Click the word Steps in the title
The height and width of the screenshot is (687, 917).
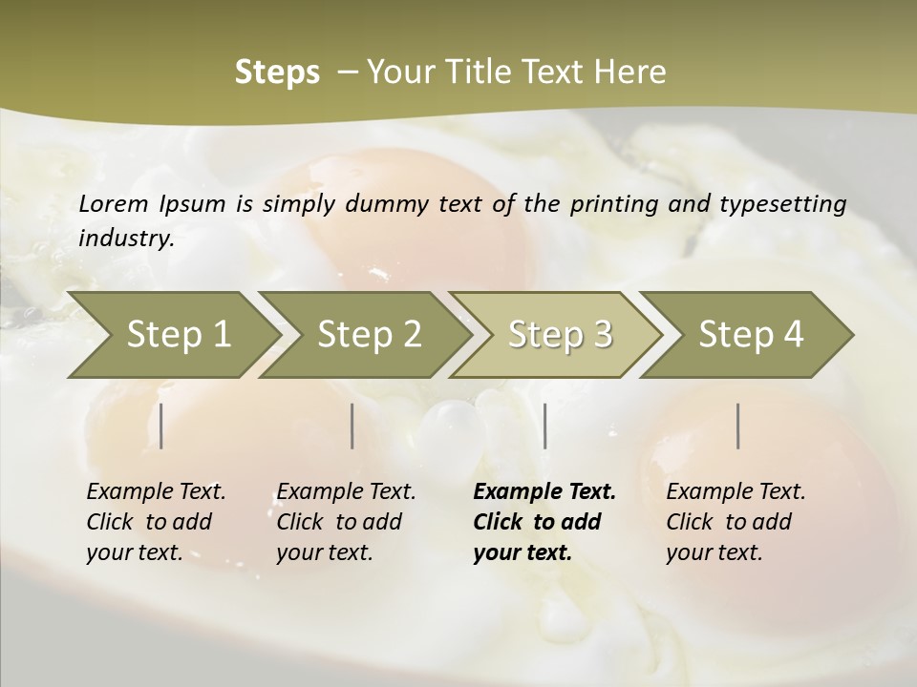point(277,73)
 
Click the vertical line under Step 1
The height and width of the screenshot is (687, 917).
point(161,426)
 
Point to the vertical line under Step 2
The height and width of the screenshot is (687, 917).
point(352,426)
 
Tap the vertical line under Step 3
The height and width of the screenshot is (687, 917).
point(544,426)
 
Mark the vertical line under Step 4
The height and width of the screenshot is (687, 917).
point(738,426)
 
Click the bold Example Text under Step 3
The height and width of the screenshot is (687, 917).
point(544,491)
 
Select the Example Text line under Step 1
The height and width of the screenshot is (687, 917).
point(156,491)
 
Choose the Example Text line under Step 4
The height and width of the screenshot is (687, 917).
point(736,491)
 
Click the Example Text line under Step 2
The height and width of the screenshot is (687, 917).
point(346,491)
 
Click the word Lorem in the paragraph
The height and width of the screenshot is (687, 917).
point(114,203)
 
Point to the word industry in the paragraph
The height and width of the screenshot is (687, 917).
point(126,238)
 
